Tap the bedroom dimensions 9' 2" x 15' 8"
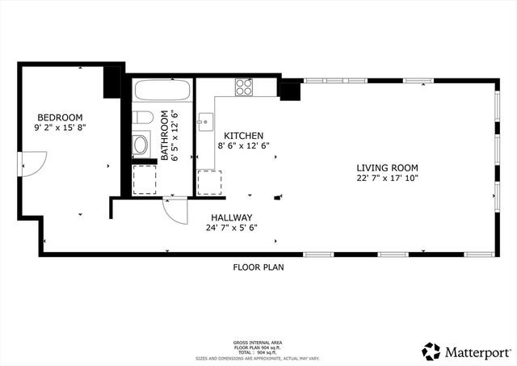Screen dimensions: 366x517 click(x=60, y=127)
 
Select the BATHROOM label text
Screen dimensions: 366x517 click(x=165, y=136)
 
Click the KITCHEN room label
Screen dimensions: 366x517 click(x=244, y=136)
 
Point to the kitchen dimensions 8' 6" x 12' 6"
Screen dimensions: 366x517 click(x=244, y=146)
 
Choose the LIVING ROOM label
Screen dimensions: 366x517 click(x=388, y=167)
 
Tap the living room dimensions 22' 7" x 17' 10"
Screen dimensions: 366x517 click(x=388, y=178)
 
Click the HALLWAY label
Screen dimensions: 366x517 click(x=233, y=217)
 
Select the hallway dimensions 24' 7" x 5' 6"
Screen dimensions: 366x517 click(x=233, y=228)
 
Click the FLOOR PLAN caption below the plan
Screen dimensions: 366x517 click(x=258, y=267)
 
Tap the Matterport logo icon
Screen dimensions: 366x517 click(x=431, y=351)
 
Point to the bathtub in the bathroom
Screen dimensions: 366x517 click(x=162, y=90)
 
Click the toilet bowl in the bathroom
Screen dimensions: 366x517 click(x=141, y=145)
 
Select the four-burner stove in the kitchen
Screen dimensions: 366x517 click(x=245, y=86)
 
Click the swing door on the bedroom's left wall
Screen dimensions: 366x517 click(x=31, y=164)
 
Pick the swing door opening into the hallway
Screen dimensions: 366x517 click(x=174, y=210)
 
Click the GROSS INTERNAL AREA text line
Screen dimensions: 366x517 click(x=258, y=343)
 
